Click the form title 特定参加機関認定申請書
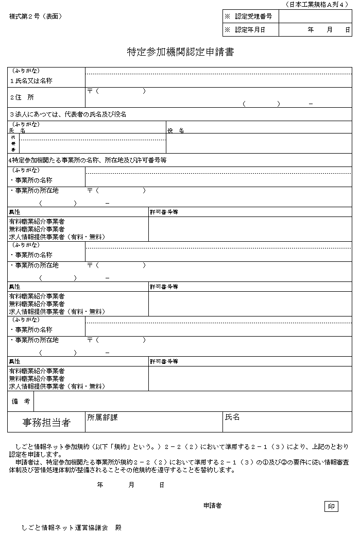click(180, 52)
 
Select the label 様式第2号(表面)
click(36, 16)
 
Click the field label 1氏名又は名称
click(31, 81)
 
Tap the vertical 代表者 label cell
click(13, 143)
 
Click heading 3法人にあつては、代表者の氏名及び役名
click(68, 114)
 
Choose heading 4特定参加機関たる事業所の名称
click(88, 160)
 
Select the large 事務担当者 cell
click(46, 422)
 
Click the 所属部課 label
click(102, 417)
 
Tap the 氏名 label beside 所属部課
click(232, 417)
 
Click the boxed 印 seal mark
click(332, 506)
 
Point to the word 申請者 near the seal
click(212, 506)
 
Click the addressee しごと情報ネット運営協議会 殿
click(72, 528)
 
